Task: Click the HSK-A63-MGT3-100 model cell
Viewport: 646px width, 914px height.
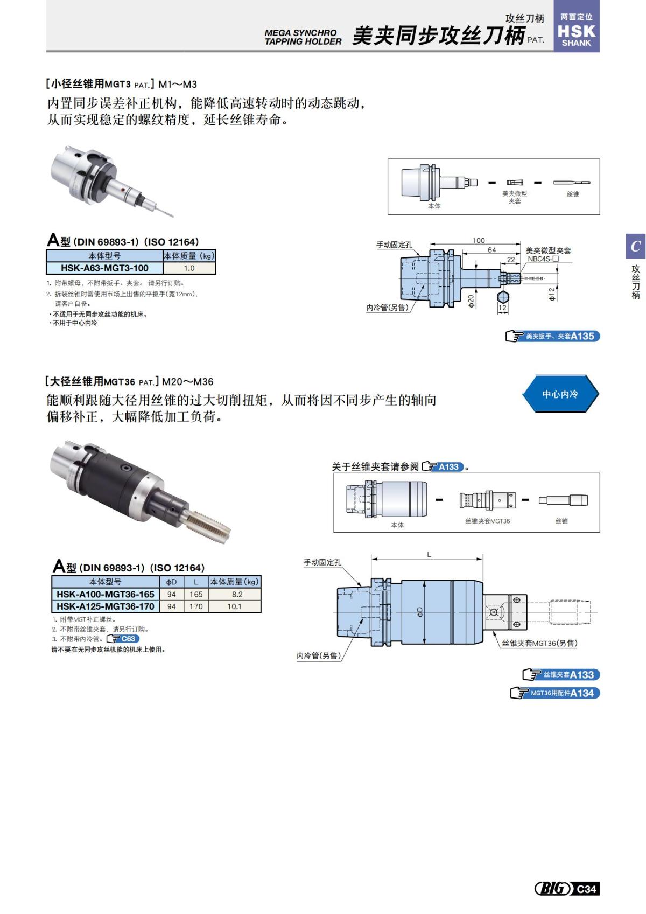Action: point(104,268)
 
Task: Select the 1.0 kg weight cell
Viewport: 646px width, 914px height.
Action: point(189,268)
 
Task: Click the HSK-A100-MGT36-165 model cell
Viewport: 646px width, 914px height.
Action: point(106,594)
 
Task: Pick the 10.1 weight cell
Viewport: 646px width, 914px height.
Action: point(235,606)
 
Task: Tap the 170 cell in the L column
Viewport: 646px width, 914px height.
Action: point(196,606)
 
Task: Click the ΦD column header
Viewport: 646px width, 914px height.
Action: point(171,582)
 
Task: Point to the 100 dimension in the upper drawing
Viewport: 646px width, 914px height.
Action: point(478,240)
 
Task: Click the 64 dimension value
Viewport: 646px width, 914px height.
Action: point(492,250)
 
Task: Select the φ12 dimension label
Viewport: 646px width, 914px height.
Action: point(551,294)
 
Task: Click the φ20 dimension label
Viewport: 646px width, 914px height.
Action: point(471,301)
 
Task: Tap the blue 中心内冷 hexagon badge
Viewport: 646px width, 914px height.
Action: point(560,394)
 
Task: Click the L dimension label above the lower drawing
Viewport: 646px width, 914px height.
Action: point(429,554)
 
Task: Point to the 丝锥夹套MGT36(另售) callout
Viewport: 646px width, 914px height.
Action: point(539,643)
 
